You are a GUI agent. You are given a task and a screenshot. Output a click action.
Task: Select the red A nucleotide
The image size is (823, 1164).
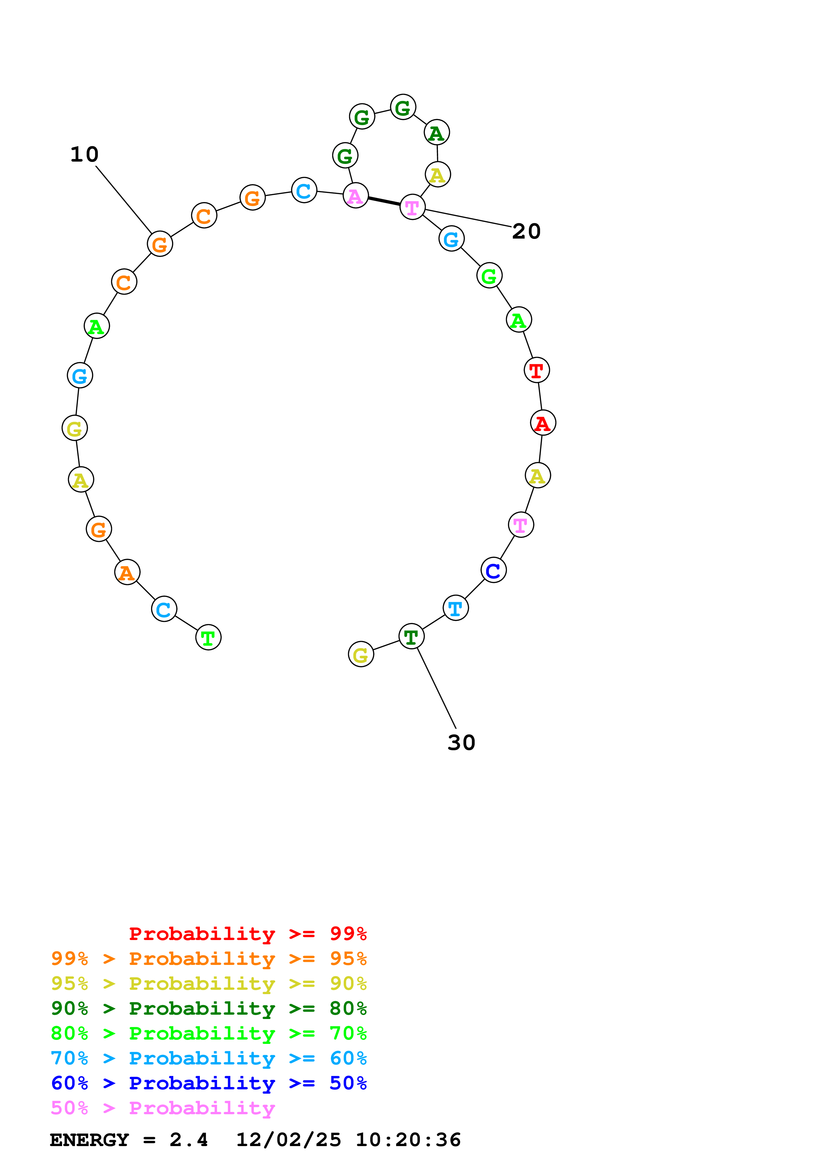tap(542, 422)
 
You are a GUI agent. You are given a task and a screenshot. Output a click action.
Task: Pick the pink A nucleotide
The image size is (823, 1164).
tap(356, 196)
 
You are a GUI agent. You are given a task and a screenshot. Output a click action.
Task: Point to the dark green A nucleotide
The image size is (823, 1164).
tap(437, 133)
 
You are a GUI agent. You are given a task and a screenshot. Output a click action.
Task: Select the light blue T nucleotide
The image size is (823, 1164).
tap(455, 608)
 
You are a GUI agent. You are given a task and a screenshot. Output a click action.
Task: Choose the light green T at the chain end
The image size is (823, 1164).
tap(208, 637)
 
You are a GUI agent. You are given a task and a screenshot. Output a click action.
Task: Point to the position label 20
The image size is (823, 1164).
tap(526, 232)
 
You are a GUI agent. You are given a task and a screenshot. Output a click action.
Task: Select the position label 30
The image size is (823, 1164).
tap(461, 743)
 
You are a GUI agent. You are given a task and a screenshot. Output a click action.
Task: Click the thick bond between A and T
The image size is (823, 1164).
tap(384, 201)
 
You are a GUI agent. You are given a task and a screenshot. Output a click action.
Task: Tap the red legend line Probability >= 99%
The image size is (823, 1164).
tap(247, 934)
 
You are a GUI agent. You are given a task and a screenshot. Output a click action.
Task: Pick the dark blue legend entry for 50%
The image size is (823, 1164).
tap(209, 1083)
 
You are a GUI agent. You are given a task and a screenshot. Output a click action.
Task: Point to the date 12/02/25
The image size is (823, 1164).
tap(288, 1140)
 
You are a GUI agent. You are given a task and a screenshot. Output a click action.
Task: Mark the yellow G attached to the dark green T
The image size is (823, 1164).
tap(361, 654)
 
